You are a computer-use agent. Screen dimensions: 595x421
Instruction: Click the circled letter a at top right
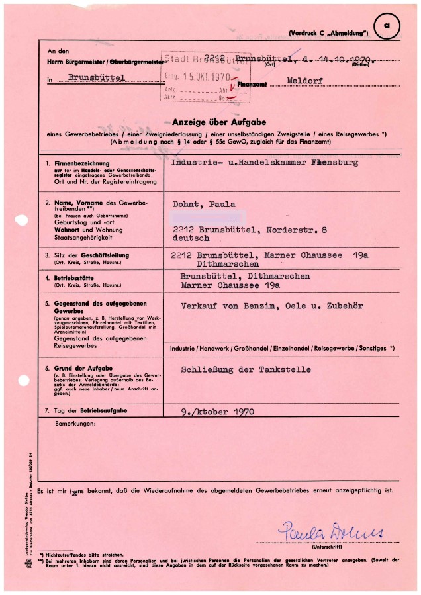pos(387,26)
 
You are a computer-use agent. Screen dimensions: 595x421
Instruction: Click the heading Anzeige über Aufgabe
pos(219,122)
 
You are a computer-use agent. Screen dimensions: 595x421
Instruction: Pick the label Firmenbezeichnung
pos(78,163)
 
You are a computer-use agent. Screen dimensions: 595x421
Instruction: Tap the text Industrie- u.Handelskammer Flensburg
pos(264,162)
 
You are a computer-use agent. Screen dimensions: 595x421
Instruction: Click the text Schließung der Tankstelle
pos(246,369)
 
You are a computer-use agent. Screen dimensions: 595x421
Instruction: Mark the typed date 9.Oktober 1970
pos(208,411)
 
